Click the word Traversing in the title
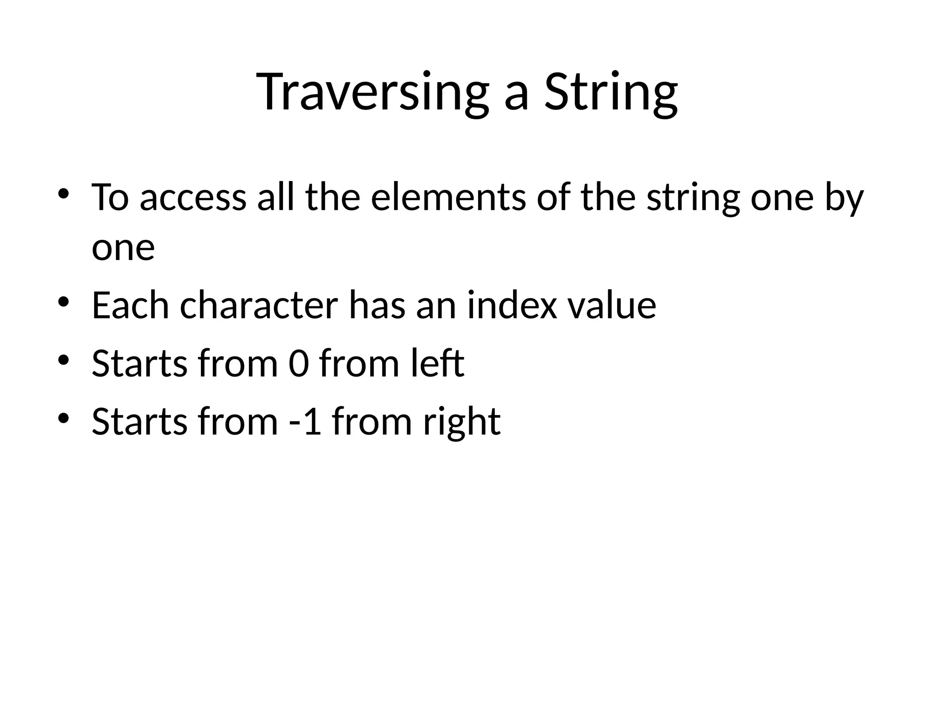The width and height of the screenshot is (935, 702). (x=372, y=92)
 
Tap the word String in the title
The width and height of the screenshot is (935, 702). (x=610, y=92)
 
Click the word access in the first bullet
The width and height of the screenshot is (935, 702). (x=193, y=197)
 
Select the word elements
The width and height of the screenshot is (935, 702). (x=448, y=197)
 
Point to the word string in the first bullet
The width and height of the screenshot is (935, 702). (x=693, y=198)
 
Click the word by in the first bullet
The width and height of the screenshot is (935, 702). (x=844, y=198)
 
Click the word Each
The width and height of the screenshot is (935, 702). (x=130, y=305)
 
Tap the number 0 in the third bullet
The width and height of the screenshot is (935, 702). (x=299, y=364)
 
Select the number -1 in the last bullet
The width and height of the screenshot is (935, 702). (x=305, y=421)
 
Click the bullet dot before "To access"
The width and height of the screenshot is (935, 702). (x=63, y=194)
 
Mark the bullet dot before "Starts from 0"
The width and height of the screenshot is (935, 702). (x=63, y=360)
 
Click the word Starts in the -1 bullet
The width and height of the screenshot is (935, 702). (x=139, y=421)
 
